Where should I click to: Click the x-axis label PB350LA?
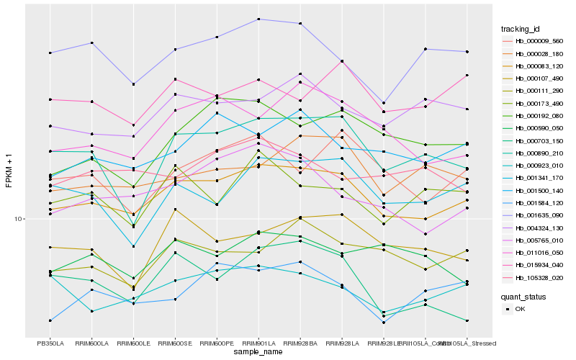(50, 343)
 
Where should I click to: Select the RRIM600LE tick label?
(133, 343)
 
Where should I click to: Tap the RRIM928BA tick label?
(300, 343)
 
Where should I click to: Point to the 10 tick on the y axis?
(19, 219)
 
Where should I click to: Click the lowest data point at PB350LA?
(50, 320)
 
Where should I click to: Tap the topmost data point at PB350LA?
(50, 53)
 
